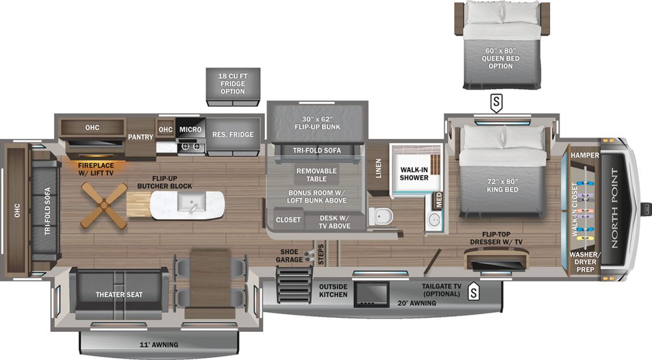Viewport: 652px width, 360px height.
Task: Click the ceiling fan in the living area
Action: pyautogui.click(x=104, y=204)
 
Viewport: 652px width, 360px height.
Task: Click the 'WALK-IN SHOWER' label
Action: pyautogui.click(x=413, y=173)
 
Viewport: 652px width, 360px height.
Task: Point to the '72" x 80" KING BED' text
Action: pyautogui.click(x=502, y=185)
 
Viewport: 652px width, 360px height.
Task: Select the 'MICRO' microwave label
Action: pyautogui.click(x=190, y=129)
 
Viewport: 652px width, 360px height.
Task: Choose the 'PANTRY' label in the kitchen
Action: pyautogui.click(x=139, y=137)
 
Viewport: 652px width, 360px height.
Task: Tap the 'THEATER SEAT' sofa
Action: pyautogui.click(x=119, y=294)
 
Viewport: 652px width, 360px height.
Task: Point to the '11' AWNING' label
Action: pyautogui.click(x=159, y=345)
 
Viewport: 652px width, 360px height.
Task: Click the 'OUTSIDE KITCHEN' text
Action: pyautogui.click(x=334, y=291)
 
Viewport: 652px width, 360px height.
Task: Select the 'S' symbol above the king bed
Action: pyautogui.click(x=495, y=101)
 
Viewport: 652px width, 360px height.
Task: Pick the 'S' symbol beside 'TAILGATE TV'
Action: pyautogui.click(x=473, y=292)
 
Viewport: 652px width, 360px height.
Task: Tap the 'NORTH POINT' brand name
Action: pyautogui.click(x=615, y=208)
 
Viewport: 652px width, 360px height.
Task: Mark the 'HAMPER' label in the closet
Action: pyautogui.click(x=584, y=155)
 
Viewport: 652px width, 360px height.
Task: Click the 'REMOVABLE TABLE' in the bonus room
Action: pyautogui.click(x=317, y=175)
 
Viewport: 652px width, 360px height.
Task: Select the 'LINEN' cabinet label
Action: pyautogui.click(x=378, y=168)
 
